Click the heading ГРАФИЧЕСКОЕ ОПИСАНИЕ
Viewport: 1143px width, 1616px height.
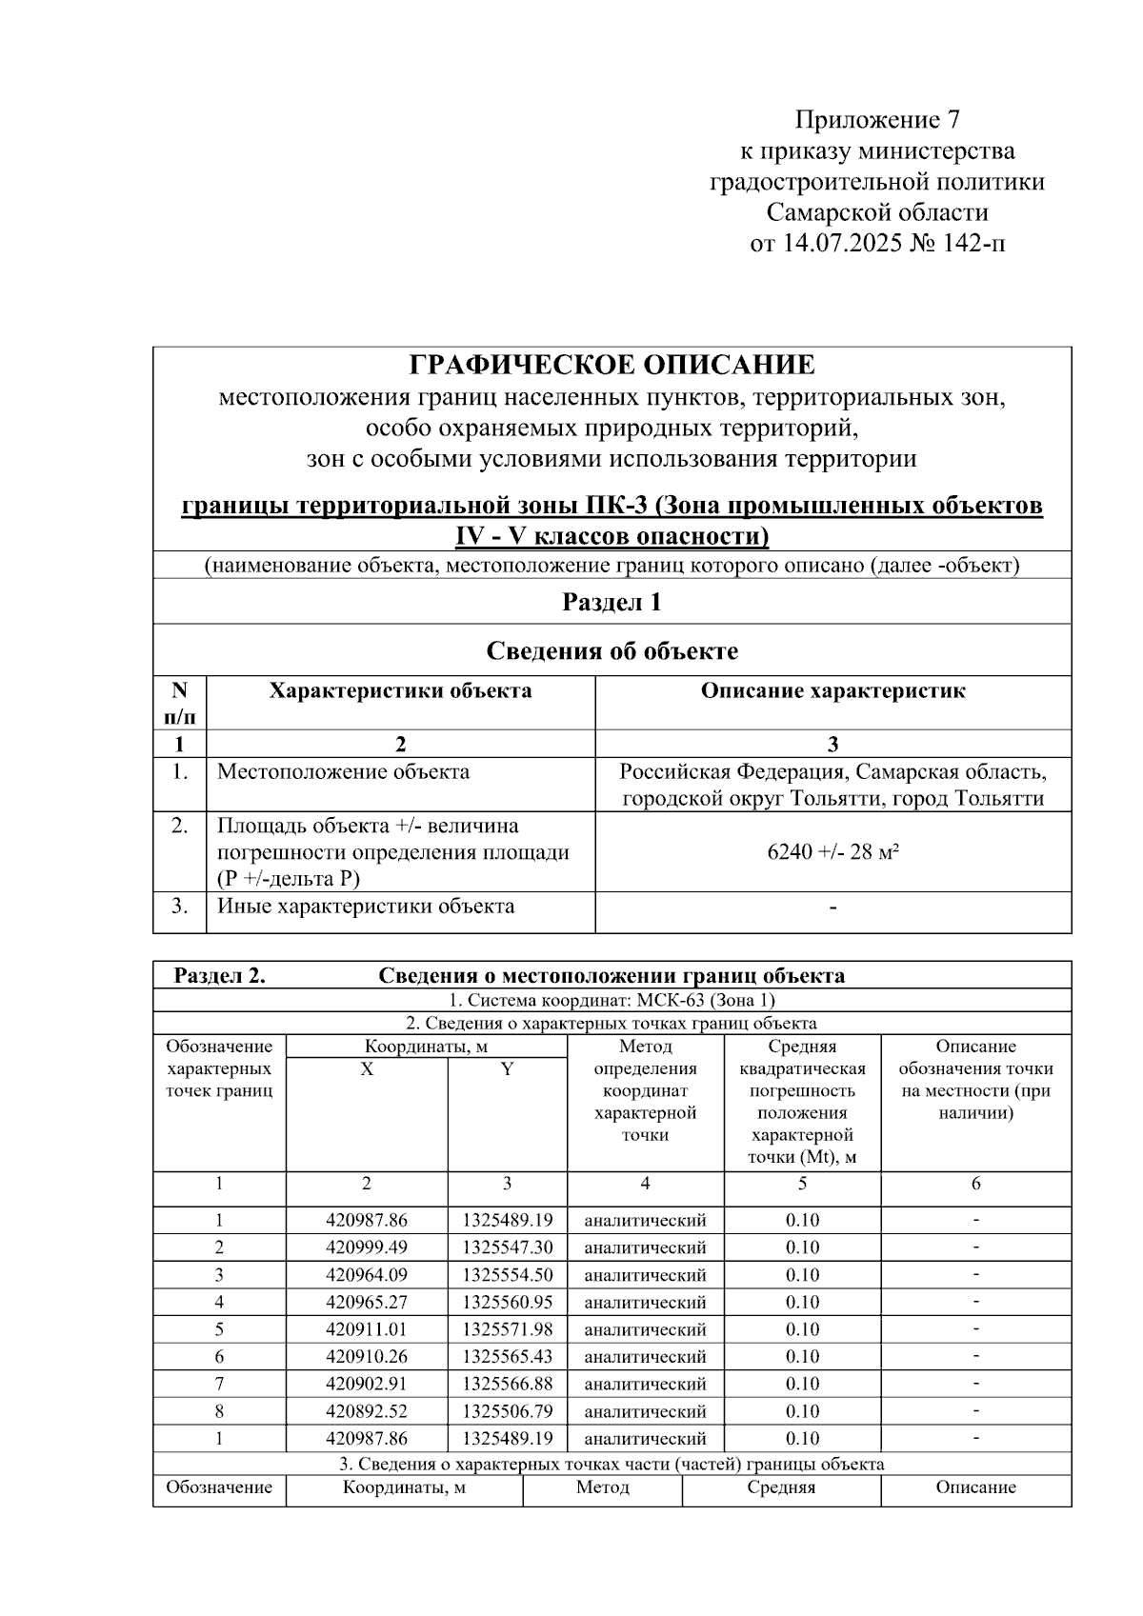(612, 365)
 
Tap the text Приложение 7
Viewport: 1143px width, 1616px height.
(877, 120)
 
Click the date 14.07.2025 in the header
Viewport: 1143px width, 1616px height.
(842, 244)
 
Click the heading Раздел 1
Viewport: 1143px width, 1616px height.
(612, 602)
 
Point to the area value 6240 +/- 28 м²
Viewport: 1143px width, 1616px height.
(833, 851)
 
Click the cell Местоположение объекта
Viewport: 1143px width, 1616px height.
(343, 771)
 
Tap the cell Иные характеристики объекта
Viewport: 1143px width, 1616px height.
(366, 906)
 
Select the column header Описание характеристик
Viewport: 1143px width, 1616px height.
(832, 691)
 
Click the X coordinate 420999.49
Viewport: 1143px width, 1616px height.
(366, 1247)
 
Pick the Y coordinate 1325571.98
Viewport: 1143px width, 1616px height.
(507, 1329)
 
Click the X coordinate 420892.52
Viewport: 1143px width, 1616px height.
(366, 1411)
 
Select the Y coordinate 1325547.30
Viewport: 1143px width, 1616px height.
(507, 1247)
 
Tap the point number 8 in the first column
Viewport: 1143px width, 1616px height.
(219, 1411)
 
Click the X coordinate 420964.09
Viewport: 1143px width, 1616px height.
(366, 1275)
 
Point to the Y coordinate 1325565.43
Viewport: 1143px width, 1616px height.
(507, 1356)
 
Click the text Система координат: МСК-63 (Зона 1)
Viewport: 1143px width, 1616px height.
(612, 1001)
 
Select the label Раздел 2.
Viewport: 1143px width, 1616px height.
(219, 976)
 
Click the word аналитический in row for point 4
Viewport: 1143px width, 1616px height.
(645, 1303)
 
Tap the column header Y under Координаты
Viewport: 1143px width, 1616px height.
(507, 1069)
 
